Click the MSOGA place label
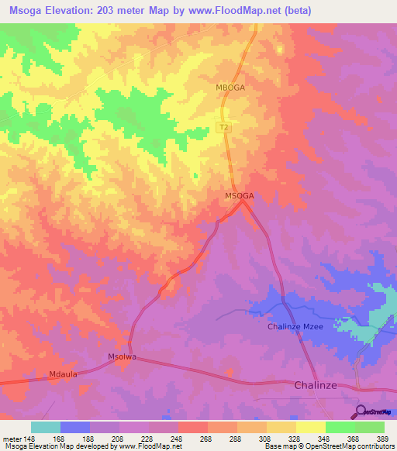coord(240,196)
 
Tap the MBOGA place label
coord(230,88)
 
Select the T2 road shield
coord(224,127)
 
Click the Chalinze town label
coord(319,385)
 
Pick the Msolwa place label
coord(122,357)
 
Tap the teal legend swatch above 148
coord(46,427)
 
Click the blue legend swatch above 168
coord(75,427)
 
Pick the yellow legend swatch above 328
coord(281,427)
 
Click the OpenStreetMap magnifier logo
coord(361,411)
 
